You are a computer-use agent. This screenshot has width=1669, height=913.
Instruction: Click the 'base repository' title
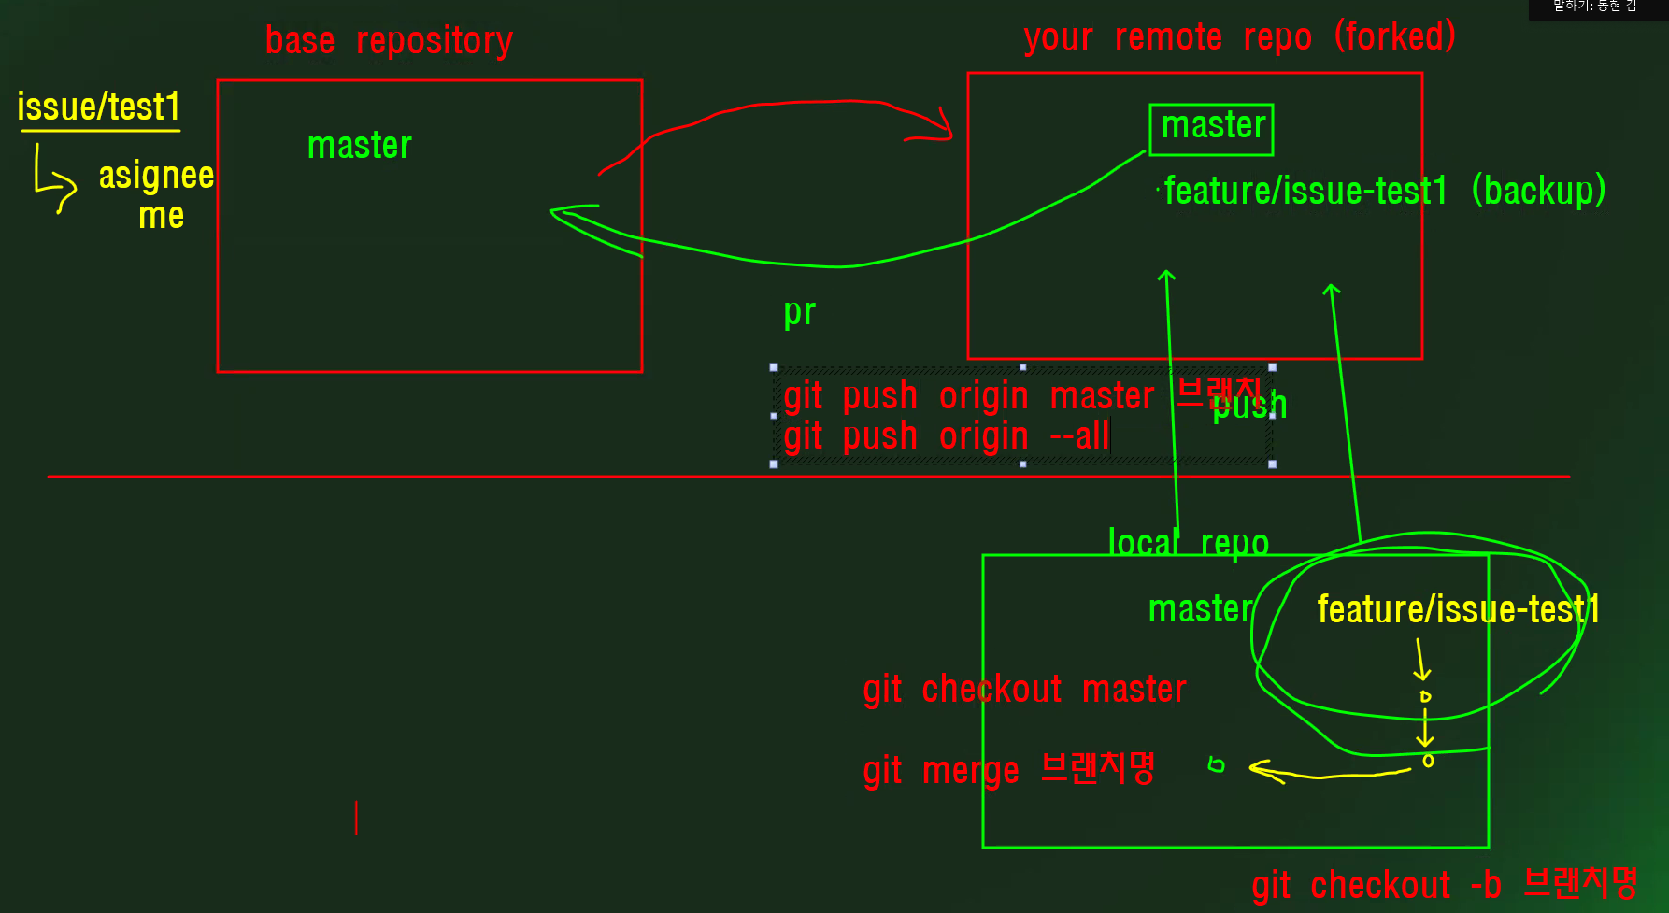click(389, 41)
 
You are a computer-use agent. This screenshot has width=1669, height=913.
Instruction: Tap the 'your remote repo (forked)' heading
click(1239, 37)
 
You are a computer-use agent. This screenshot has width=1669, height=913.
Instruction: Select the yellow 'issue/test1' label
click(98, 107)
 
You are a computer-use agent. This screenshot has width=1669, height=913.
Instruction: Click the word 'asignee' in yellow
click(156, 175)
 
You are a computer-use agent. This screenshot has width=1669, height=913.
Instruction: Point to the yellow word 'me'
click(161, 216)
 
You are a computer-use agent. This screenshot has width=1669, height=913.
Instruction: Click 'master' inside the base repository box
click(360, 146)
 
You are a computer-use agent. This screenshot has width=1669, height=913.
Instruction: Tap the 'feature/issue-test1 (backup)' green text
click(1384, 191)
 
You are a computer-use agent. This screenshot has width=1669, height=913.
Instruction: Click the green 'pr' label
click(800, 312)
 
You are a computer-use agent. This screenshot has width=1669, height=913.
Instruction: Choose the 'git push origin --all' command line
click(946, 436)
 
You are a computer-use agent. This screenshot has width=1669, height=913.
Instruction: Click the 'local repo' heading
click(1188, 543)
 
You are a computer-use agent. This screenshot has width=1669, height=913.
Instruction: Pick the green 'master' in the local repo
click(1200, 609)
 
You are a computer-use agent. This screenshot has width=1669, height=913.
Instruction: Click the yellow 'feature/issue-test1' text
click(1457, 609)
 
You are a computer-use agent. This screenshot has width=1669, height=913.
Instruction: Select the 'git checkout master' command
click(1024, 690)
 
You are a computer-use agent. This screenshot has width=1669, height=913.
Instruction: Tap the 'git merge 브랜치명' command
click(1009, 770)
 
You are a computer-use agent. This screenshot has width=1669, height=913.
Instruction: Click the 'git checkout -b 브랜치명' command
click(1444, 885)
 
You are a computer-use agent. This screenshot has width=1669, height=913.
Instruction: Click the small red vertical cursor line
click(356, 818)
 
